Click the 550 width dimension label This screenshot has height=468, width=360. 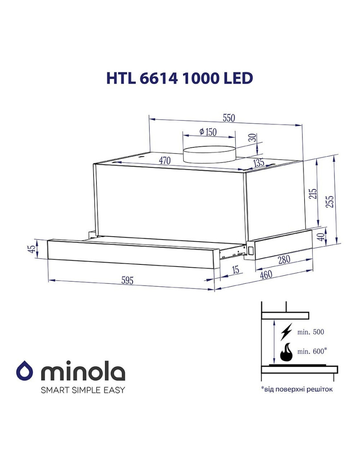[x=229, y=118]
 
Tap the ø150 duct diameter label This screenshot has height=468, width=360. [x=208, y=132]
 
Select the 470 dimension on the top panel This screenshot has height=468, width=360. [x=164, y=161]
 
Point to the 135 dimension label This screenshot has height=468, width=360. [x=259, y=163]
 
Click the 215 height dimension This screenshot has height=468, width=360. [x=312, y=194]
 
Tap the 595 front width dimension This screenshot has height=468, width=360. [x=127, y=280]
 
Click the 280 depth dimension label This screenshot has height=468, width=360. [x=283, y=259]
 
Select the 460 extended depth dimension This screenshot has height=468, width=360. [x=266, y=274]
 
